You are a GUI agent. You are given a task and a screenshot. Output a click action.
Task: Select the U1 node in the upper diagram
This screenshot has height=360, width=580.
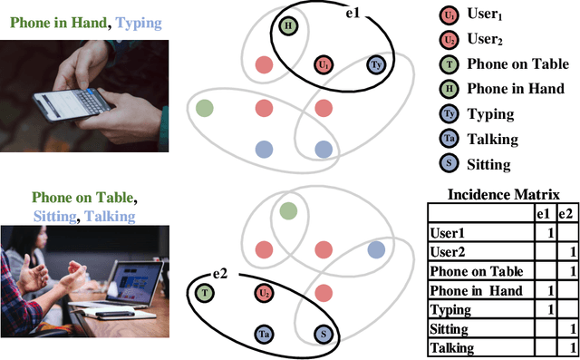click(324, 65)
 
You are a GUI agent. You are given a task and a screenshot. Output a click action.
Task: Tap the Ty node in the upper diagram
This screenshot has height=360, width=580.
click(375, 65)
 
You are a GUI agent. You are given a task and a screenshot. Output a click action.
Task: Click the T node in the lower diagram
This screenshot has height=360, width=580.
click(206, 292)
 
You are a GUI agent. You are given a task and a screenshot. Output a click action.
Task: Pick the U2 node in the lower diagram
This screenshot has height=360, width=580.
click(264, 292)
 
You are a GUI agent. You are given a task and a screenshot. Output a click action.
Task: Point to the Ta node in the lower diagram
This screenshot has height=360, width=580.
click(264, 335)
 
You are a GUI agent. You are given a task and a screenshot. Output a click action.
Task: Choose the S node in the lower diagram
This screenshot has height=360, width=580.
click(324, 335)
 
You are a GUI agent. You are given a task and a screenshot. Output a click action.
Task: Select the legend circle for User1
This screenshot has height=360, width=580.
click(449, 16)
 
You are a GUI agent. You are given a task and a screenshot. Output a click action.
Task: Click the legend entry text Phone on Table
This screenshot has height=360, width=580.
click(510, 64)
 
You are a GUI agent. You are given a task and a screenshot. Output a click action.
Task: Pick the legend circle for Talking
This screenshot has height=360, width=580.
click(449, 139)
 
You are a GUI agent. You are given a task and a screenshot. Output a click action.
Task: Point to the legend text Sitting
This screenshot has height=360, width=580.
click(488, 164)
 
